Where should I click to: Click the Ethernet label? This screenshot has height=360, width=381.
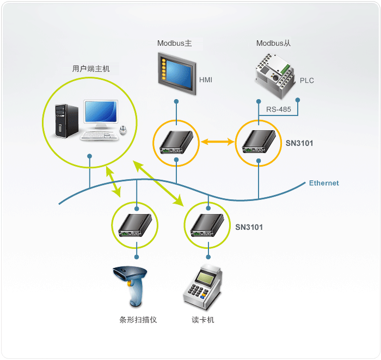[x=324, y=183]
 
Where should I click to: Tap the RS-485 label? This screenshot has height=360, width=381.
[x=279, y=109]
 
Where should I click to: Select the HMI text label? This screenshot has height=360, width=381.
[x=206, y=80]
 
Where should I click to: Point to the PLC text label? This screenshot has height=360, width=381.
[x=306, y=81]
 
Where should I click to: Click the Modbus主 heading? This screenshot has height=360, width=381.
[x=175, y=43]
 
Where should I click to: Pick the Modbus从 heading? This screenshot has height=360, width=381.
[x=273, y=43]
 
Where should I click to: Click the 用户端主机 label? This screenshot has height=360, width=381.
[x=91, y=69]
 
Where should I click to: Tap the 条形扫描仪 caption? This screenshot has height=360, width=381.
[x=138, y=320]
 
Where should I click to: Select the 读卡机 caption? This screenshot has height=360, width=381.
[x=203, y=320]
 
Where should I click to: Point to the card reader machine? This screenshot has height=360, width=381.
[x=202, y=287]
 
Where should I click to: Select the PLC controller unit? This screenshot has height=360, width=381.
[x=275, y=76]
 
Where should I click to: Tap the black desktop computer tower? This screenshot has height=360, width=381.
[x=66, y=121]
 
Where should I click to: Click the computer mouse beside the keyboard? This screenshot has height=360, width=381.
[x=123, y=130]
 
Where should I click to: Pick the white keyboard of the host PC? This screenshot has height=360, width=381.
[x=99, y=136]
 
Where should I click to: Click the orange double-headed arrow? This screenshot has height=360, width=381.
[x=218, y=142]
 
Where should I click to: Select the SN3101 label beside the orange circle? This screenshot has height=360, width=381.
[x=299, y=143]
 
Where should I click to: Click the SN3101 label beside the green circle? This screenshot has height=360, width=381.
[x=249, y=227]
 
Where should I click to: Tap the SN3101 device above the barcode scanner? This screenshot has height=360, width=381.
[x=135, y=225]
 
